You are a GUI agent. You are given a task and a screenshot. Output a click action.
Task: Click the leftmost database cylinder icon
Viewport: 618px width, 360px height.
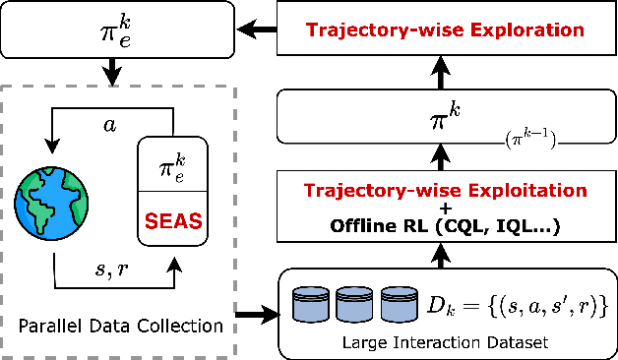tap(311, 306)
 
